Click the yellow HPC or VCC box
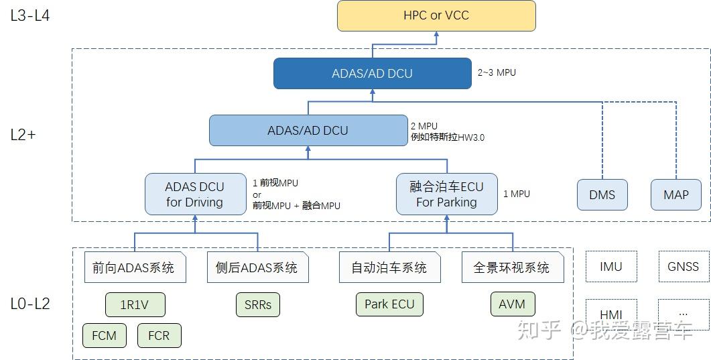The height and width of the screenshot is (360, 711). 436,15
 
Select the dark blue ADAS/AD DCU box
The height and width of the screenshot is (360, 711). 372,74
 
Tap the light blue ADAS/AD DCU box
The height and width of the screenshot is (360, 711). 308,131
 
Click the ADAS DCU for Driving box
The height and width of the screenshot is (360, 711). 195,194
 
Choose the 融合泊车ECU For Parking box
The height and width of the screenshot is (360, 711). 446,194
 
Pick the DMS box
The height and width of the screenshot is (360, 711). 602,195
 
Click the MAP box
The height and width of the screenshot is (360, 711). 675,195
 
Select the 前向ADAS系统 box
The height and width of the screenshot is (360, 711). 135,267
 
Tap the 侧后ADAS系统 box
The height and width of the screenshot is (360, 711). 257,267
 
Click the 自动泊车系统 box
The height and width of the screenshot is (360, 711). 389,267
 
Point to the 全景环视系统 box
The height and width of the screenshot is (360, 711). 512,267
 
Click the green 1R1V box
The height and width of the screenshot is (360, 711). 135,304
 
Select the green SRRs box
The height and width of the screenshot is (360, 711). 257,304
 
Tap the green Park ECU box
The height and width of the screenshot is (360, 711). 389,304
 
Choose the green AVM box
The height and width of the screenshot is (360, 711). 513,304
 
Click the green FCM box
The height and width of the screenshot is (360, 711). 104,335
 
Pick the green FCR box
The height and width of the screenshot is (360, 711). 159,335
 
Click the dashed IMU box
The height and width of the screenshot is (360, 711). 611,267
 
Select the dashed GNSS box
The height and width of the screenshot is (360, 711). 683,267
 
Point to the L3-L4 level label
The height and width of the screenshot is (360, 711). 30,16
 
